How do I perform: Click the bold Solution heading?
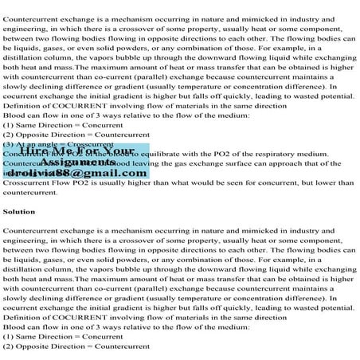(x=19, y=212)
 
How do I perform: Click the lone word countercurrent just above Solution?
(x=30, y=193)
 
